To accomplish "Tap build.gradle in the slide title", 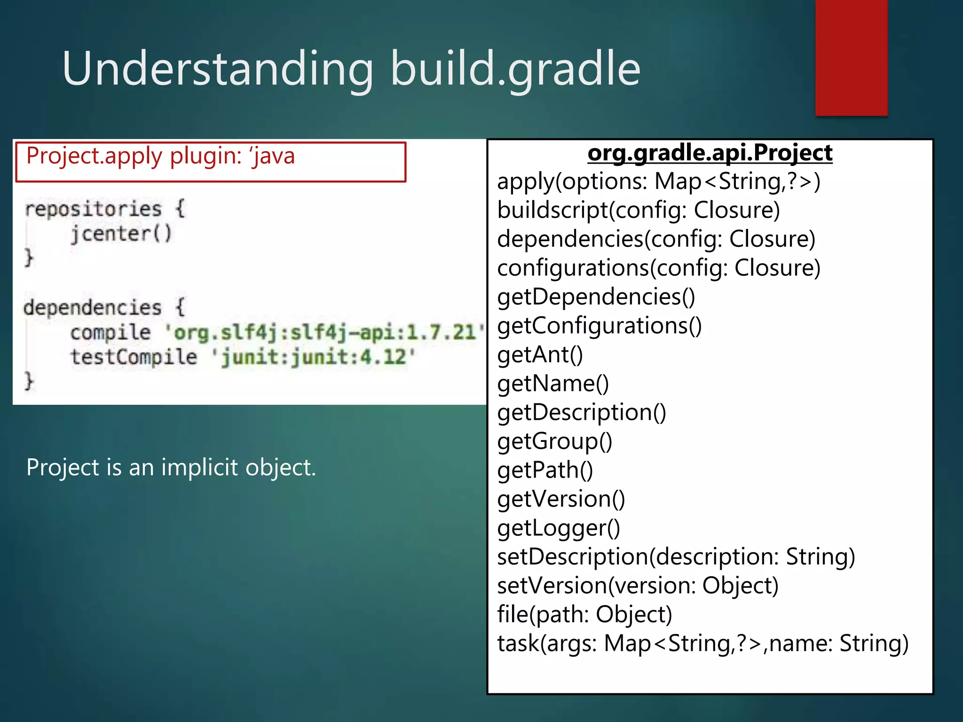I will coord(515,69).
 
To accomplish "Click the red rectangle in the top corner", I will coord(851,57).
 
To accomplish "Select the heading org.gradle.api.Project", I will coord(710,153).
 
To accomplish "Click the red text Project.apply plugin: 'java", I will coord(160,156).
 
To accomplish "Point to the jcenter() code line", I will coord(121,234).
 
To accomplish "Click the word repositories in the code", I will coord(93,209).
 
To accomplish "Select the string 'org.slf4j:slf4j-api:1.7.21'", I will coord(324,332).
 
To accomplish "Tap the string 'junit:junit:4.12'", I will coord(313,357).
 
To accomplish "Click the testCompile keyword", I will coord(134,357).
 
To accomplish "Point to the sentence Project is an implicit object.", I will coord(171,467).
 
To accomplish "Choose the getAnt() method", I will coord(540,354).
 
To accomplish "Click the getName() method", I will coord(553,384).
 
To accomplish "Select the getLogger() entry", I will coord(559,528).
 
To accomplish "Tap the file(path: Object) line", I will coord(584,614).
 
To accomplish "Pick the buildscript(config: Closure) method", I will coord(638,210).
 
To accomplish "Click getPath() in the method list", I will coord(545,470).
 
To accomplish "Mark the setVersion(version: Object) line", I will coord(638,586).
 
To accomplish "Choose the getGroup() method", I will coord(554,441).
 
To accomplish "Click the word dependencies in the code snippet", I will coord(92,308).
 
